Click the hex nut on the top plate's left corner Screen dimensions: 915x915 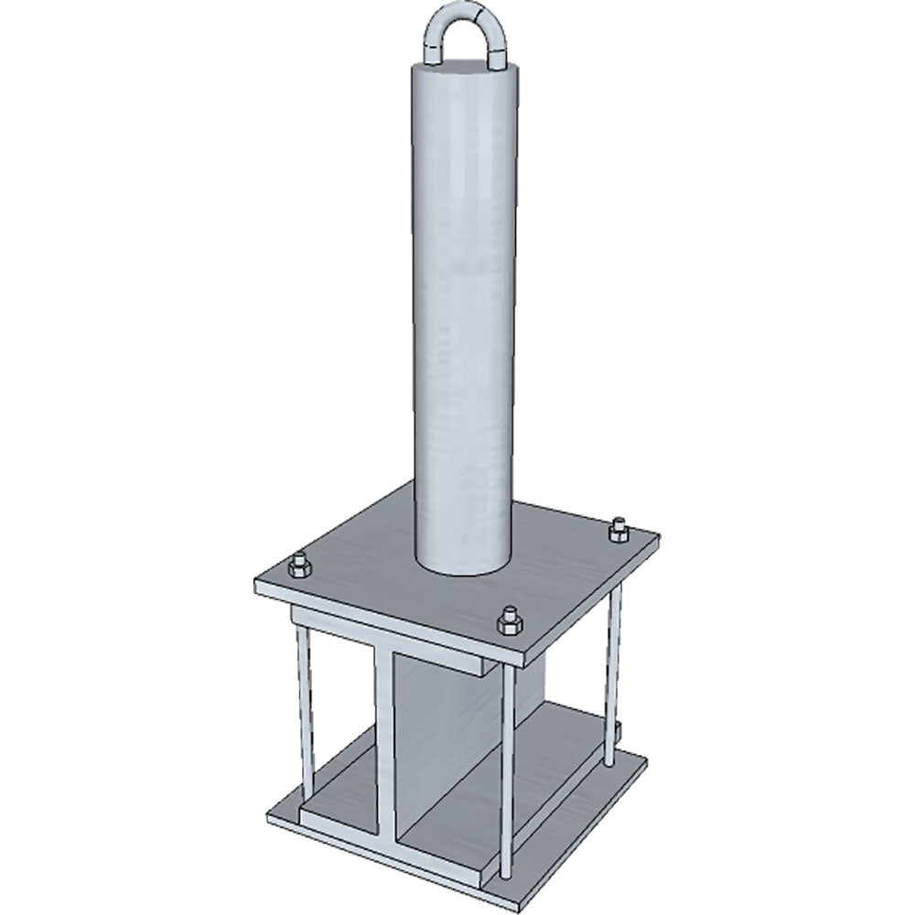click(x=299, y=567)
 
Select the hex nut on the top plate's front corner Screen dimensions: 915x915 click(x=508, y=622)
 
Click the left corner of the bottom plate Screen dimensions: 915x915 click(x=270, y=813)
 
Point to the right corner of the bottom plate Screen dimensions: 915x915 click(x=645, y=759)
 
